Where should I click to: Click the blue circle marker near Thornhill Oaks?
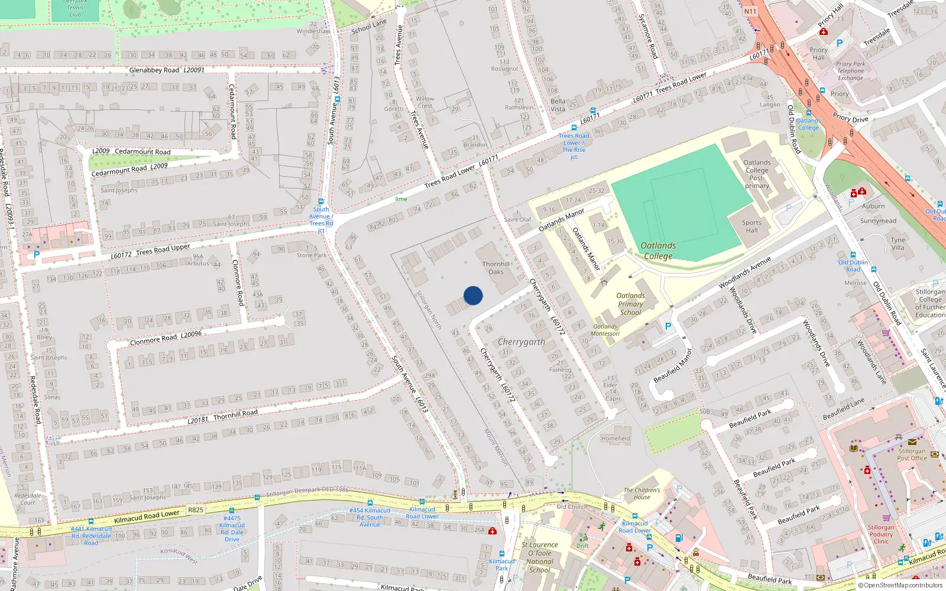[x=473, y=295]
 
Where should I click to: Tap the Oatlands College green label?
[x=658, y=251]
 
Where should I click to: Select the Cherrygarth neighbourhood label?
[x=521, y=342]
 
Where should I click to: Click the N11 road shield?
[x=750, y=11]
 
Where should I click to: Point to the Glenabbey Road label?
[x=154, y=70]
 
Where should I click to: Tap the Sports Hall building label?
[x=751, y=226]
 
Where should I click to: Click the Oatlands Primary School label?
[x=630, y=304]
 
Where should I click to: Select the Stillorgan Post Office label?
[x=912, y=454]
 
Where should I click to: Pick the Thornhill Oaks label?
[x=495, y=268]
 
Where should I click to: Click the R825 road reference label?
[x=195, y=509]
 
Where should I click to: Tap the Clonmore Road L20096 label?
[x=166, y=337]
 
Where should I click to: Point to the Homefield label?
[x=615, y=439]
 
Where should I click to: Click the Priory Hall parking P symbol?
[x=839, y=43]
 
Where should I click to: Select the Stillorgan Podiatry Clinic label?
[x=881, y=534]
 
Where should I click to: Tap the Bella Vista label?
[x=558, y=105]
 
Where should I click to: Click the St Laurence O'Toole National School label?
[x=539, y=557]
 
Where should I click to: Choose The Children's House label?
[x=642, y=493]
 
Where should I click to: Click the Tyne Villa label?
[x=898, y=243]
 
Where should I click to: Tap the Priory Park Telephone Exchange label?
[x=850, y=71]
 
